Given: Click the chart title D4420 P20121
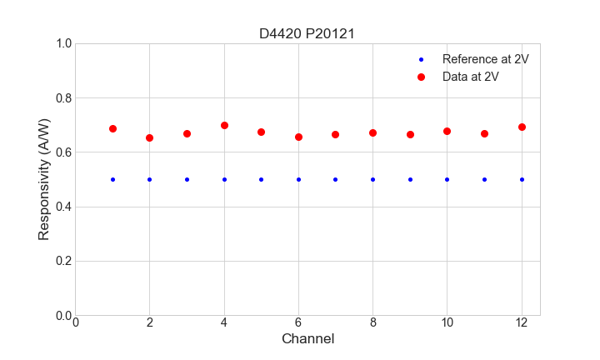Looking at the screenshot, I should click(x=307, y=34).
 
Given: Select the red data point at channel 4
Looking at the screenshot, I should click(x=224, y=125).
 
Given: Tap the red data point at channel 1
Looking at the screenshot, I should click(x=112, y=128).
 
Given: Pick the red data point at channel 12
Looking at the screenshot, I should click(x=522, y=127).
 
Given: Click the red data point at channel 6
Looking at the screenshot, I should click(x=298, y=137).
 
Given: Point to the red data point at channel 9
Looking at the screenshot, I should click(x=410, y=134).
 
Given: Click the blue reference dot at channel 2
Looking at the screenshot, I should click(x=149, y=179).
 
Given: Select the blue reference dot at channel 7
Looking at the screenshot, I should click(x=335, y=179).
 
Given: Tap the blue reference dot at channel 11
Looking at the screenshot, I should click(x=484, y=179).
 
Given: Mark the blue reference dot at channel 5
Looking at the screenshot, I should click(x=261, y=179).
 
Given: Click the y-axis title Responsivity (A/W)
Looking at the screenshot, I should click(x=44, y=179).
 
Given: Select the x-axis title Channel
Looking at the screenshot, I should click(x=307, y=339).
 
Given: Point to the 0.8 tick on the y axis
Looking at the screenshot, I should click(x=63, y=98).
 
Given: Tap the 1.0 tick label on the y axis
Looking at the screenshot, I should click(x=63, y=43).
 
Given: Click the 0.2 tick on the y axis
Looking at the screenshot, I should click(x=63, y=261).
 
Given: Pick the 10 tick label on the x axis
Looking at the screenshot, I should click(x=447, y=322).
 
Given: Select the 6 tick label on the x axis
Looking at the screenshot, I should click(x=298, y=322).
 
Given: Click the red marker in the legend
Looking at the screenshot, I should click(x=421, y=77).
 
